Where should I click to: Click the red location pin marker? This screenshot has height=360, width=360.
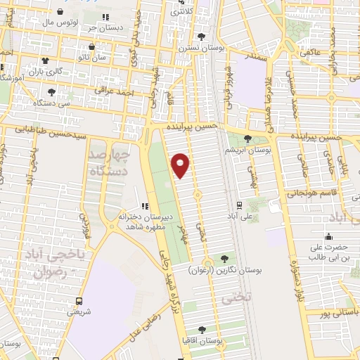181,165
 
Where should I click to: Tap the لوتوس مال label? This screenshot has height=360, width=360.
57,22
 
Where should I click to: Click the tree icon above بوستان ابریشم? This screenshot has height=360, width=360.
247,139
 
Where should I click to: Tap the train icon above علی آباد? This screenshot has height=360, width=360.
239,206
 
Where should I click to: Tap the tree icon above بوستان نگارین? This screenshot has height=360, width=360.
224,258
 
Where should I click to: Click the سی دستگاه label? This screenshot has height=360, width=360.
51,103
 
